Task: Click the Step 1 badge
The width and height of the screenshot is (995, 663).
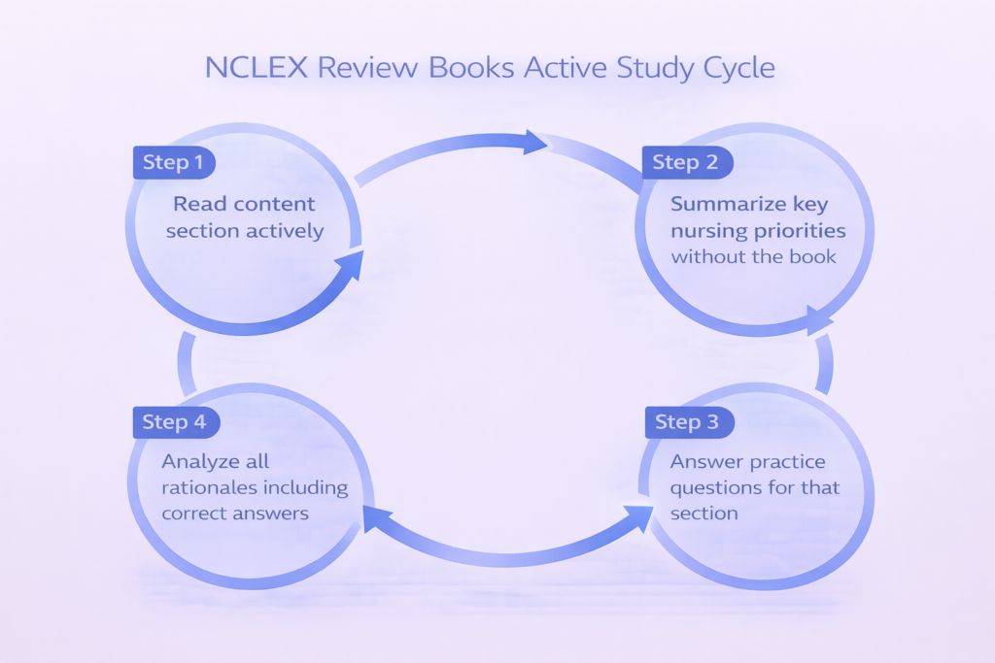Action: (173, 162)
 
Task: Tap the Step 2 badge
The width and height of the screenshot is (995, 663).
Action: (686, 162)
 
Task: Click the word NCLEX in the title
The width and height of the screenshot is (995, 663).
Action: (251, 69)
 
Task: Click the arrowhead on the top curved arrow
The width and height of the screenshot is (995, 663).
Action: (533, 143)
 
